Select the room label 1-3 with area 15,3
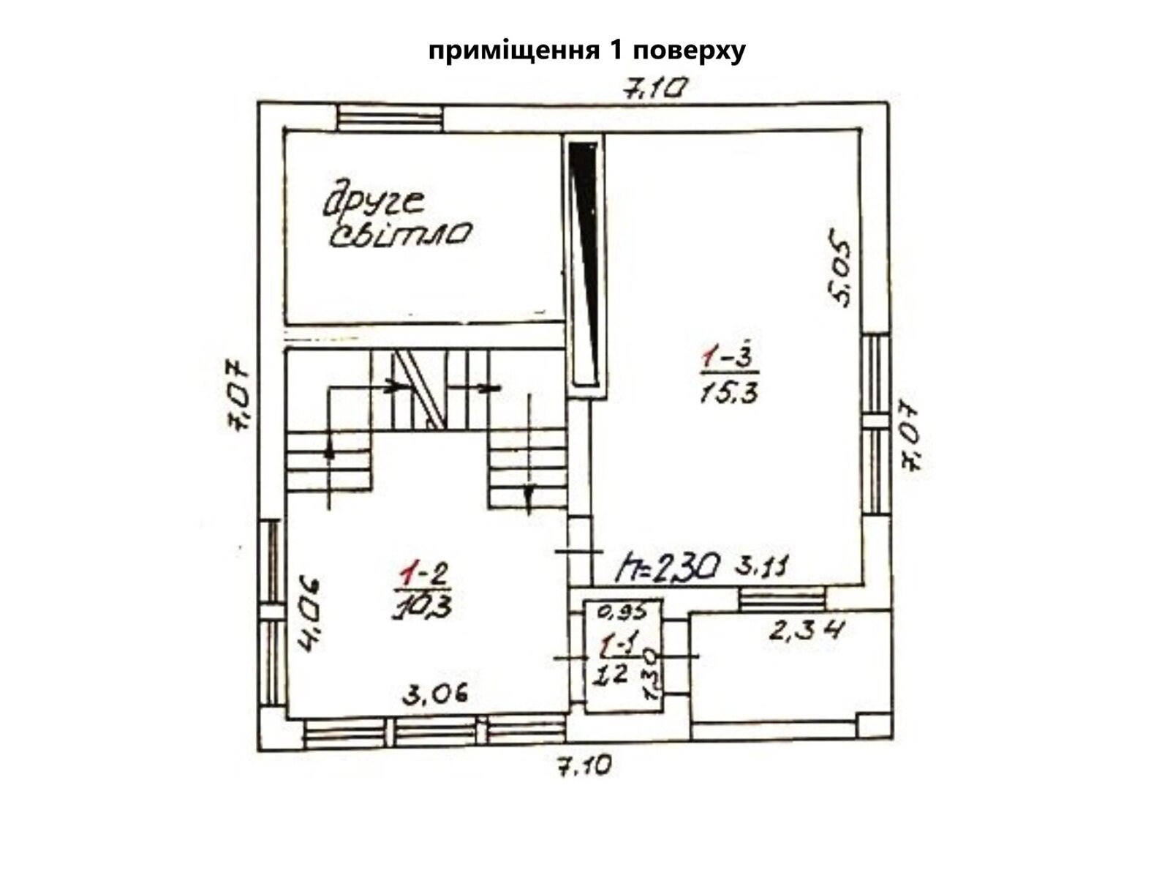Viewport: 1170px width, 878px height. (730, 376)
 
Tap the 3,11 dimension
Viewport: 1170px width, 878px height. (766, 567)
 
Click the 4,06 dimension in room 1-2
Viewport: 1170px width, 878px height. (310, 613)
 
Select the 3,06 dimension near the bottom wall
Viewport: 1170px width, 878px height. (434, 694)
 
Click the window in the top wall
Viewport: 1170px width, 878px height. (390, 118)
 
